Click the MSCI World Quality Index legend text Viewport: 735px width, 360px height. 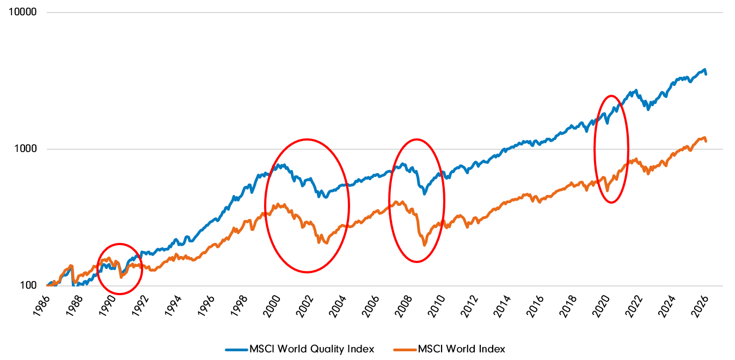pyautogui.click(x=311, y=349)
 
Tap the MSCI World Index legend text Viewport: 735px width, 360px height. pyautogui.click(x=462, y=349)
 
